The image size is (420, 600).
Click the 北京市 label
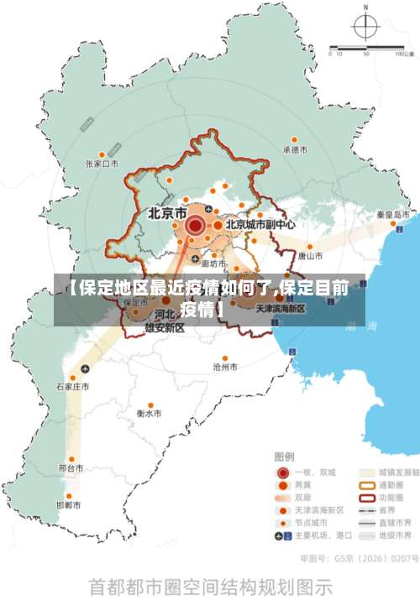coord(167,213)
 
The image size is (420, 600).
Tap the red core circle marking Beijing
coord(196,225)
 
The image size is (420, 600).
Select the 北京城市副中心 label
coord(260,225)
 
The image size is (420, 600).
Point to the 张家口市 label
coord(102,164)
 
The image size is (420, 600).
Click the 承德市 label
coord(295,150)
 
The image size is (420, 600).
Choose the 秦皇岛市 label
coord(392,215)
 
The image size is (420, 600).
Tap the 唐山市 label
coord(310,255)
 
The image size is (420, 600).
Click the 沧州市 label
coord(225,367)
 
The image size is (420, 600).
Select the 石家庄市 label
coord(72,387)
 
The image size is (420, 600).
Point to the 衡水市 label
coord(150,413)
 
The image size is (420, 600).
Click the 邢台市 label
coord(71,467)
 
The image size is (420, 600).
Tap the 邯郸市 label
coord(69,505)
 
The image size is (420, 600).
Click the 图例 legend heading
coord(285,457)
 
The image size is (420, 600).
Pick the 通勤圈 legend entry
coord(386,484)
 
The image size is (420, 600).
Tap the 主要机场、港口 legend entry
coord(317,535)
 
